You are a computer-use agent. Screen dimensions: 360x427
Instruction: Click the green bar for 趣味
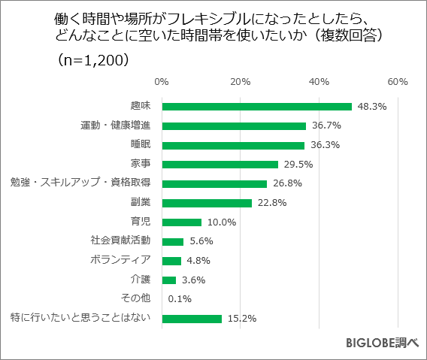point(256,107)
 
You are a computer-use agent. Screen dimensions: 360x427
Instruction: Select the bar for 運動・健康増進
point(234,126)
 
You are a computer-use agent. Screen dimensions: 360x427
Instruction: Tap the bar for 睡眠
point(233,145)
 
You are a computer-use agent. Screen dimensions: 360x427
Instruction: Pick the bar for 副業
point(206,203)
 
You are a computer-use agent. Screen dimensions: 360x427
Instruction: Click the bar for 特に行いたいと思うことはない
point(191,319)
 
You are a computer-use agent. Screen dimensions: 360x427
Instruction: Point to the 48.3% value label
point(371,107)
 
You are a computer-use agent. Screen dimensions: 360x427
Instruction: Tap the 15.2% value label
point(241,319)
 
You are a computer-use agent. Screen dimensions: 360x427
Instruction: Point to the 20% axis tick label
point(240,81)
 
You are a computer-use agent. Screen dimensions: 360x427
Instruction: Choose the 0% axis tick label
point(161,81)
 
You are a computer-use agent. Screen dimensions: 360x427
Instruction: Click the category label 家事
point(141,163)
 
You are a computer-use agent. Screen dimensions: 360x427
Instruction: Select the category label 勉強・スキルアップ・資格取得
point(80,183)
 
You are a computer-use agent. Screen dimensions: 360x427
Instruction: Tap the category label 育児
point(141,221)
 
